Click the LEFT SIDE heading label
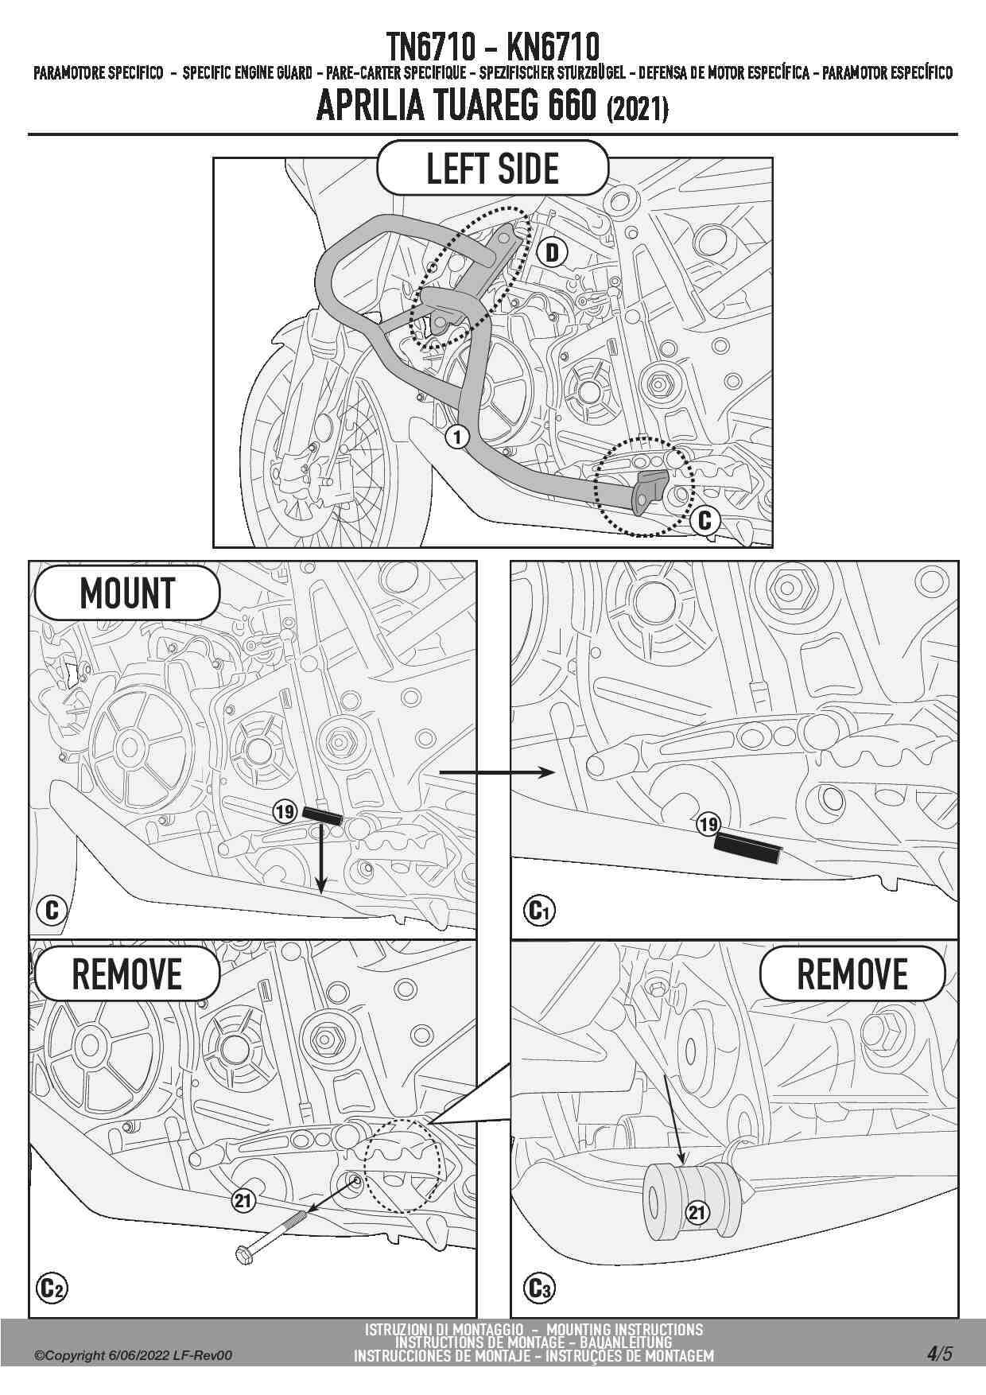click(x=492, y=168)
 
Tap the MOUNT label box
click(x=126, y=593)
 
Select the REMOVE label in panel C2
click(x=126, y=974)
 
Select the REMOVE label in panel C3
click(x=852, y=974)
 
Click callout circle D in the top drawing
click(x=552, y=253)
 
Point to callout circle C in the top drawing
click(x=705, y=521)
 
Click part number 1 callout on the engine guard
click(x=457, y=436)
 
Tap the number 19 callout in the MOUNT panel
click(x=285, y=812)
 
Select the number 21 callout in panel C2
click(x=243, y=1201)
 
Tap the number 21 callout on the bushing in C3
click(x=697, y=1212)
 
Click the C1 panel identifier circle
click(x=540, y=910)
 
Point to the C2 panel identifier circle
click(x=52, y=1288)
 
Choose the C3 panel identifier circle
click(x=540, y=1288)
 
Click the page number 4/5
click(x=939, y=1354)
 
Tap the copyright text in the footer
click(x=134, y=1355)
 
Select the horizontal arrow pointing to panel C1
click(x=497, y=772)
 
